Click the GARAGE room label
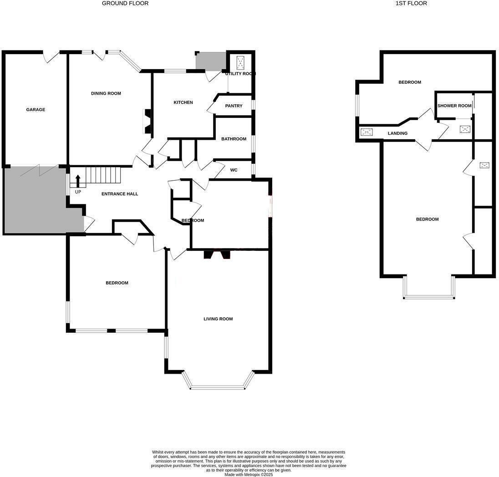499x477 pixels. (36, 110)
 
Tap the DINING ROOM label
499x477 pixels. (106, 93)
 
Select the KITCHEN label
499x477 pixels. (183, 102)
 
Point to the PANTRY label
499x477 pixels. (234, 106)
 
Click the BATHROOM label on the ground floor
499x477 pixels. (234, 139)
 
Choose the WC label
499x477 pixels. (234, 170)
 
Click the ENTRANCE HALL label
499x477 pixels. (120, 194)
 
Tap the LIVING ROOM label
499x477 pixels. (218, 319)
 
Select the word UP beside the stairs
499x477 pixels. (78, 192)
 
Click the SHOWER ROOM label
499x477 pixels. (454, 106)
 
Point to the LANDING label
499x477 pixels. (397, 133)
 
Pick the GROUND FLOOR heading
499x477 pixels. (125, 3)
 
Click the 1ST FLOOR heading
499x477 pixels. (411, 3)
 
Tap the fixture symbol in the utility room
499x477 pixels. (240, 63)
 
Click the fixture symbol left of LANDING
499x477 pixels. (367, 132)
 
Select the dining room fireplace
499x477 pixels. (148, 122)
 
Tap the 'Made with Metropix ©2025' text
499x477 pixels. (249, 474)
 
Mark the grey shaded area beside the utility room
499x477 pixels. (210, 61)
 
